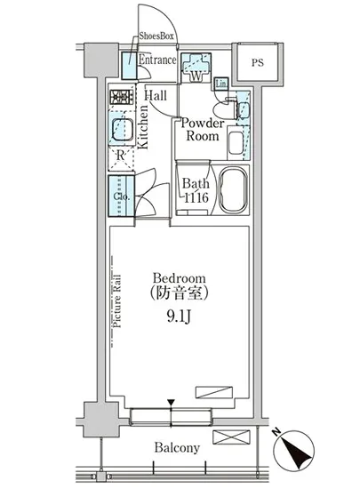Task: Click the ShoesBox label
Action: point(156,36)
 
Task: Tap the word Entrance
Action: point(157,60)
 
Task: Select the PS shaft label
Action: point(258,63)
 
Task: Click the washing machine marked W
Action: point(196,68)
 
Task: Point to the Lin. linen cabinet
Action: point(221,84)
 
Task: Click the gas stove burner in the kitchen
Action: point(122,97)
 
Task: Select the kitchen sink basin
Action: point(122,130)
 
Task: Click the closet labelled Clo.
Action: point(121,196)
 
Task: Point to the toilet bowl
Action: point(223,110)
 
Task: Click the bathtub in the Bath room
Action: point(233,190)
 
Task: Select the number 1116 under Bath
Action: point(196,197)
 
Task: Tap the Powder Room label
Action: point(203,130)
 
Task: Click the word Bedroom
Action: point(180,278)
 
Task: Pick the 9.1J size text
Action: point(179,317)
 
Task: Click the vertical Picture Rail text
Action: point(116,301)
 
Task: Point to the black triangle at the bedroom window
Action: point(171,402)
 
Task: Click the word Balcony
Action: point(177,448)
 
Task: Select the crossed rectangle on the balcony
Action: point(231,437)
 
